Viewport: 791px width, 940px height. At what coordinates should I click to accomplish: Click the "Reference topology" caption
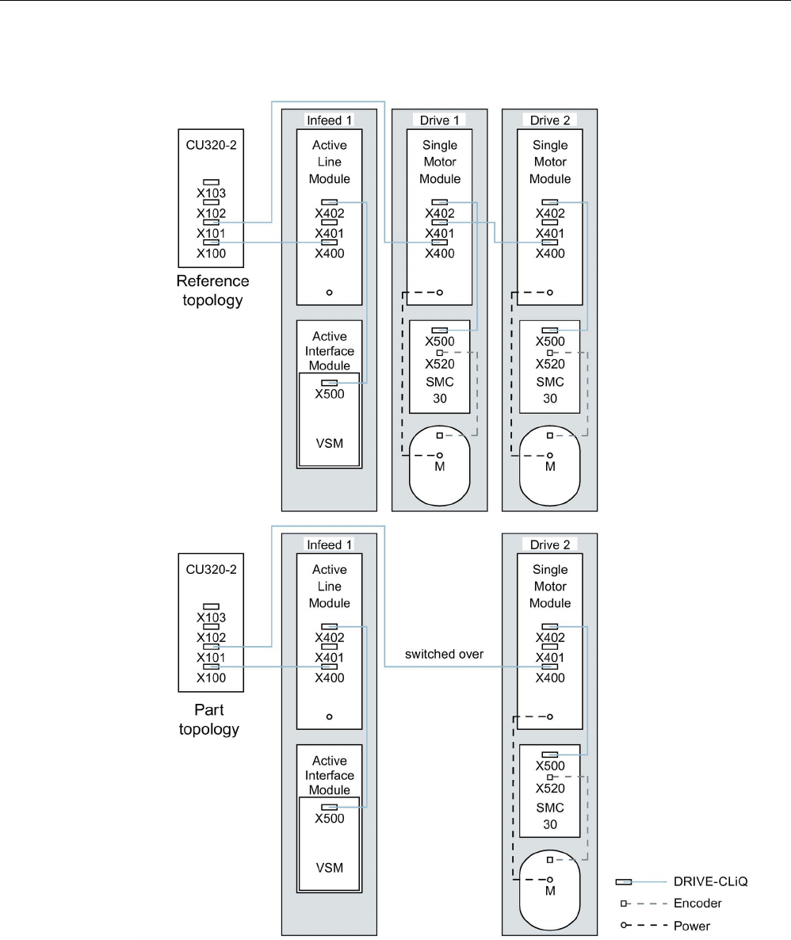[212, 291]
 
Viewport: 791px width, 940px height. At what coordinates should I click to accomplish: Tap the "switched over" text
[444, 654]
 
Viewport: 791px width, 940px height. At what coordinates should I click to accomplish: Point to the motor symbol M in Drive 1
[440, 467]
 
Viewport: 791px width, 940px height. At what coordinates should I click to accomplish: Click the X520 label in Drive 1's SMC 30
[440, 365]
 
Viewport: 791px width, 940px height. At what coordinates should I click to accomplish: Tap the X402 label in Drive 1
[440, 213]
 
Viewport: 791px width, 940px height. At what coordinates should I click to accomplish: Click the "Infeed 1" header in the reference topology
[329, 120]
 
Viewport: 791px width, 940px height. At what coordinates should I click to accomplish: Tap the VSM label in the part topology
[329, 866]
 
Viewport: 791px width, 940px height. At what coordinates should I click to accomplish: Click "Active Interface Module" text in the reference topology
[329, 351]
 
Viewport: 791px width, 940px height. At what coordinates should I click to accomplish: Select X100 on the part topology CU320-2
[212, 678]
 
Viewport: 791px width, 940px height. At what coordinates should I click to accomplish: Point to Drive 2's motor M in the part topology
[550, 891]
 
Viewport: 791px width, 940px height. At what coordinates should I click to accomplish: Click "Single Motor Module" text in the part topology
[550, 587]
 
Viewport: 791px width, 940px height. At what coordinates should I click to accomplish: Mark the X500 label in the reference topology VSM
[329, 394]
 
